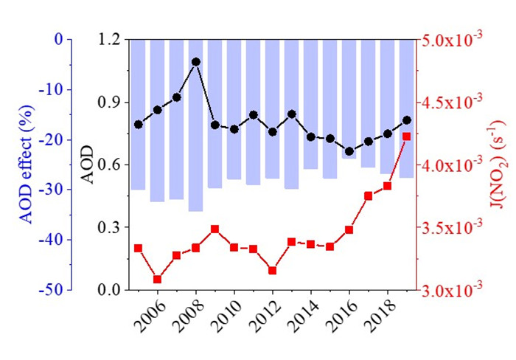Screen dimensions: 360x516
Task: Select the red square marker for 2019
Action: [407, 136]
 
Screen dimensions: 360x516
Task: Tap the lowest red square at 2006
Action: [158, 279]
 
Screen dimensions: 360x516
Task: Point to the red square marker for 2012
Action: [273, 271]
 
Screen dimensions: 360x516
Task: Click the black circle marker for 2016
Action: [349, 151]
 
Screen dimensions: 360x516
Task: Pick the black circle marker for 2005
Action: [139, 125]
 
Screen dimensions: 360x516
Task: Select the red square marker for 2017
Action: [369, 195]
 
